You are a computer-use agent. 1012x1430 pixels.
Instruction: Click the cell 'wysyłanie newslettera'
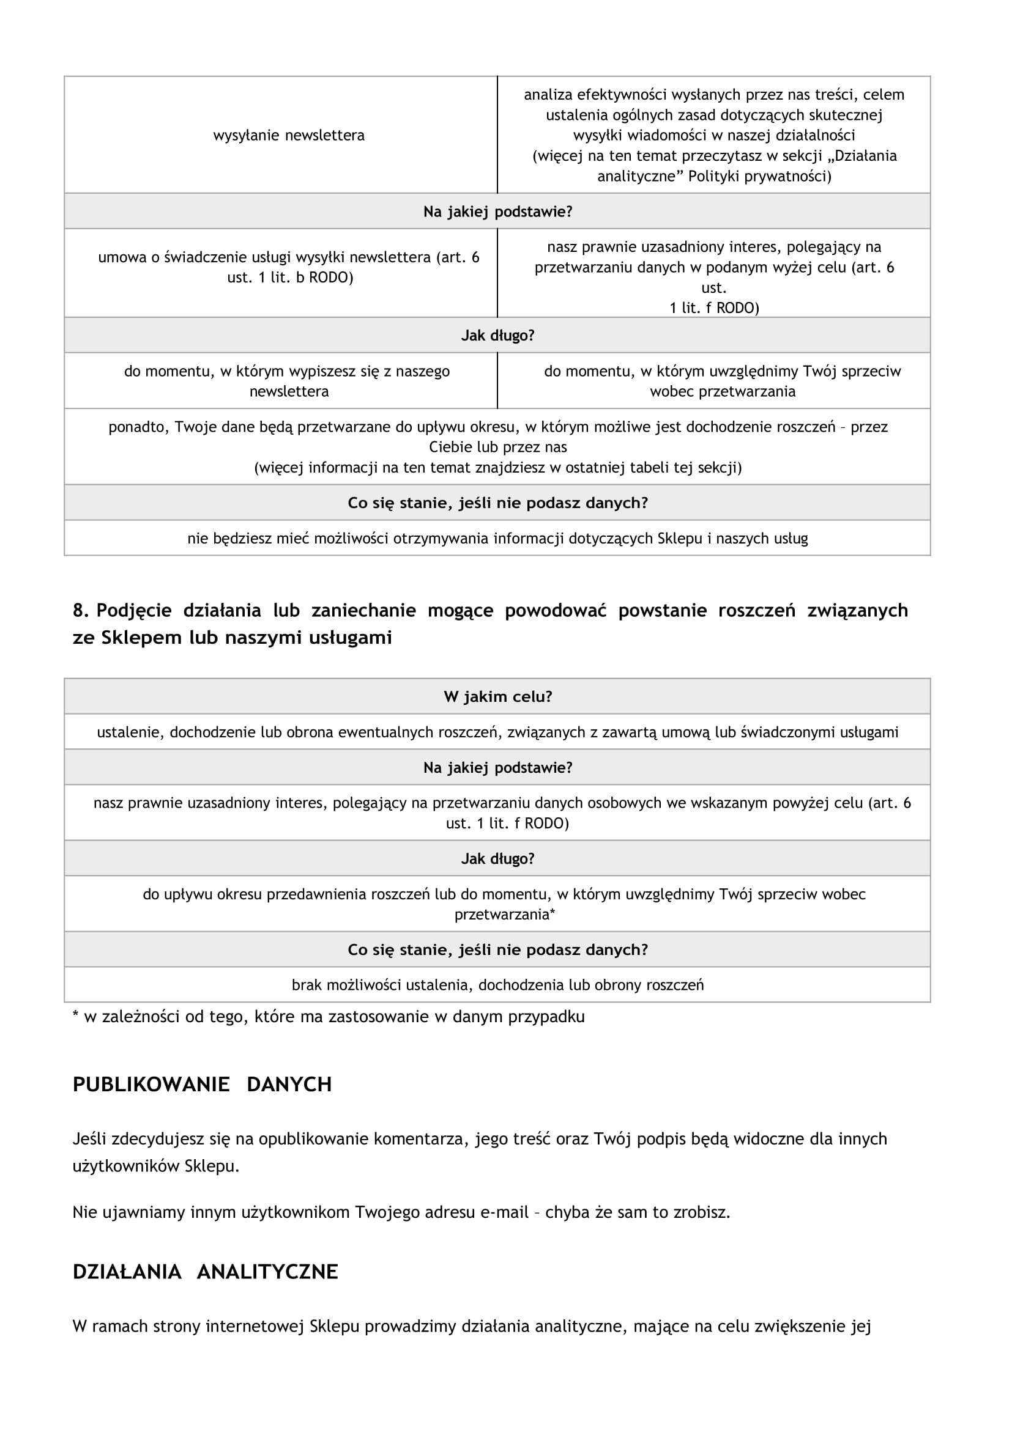tap(289, 135)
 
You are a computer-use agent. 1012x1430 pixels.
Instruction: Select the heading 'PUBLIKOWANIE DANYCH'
tap(202, 1085)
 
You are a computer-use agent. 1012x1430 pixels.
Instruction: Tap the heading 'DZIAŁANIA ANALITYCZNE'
tap(205, 1271)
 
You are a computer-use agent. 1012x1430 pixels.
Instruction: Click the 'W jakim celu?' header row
tap(497, 696)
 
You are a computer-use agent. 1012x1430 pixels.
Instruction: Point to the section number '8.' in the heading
tap(81, 610)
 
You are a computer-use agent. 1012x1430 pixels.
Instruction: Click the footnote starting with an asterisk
tap(329, 1017)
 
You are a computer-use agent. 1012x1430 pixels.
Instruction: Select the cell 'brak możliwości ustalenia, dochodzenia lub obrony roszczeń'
tap(497, 985)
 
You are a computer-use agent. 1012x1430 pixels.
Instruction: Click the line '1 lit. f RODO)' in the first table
tap(714, 308)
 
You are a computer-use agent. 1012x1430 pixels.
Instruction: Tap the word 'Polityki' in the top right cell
tap(714, 176)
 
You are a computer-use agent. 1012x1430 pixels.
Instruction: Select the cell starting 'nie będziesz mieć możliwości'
tap(497, 538)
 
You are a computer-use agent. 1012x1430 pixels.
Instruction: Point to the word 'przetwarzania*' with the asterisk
tap(504, 914)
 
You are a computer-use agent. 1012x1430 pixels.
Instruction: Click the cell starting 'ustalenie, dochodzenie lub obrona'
tap(497, 732)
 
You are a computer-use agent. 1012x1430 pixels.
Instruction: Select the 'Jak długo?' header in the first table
tap(497, 335)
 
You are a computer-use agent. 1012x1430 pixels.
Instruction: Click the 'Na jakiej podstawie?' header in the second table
tap(497, 767)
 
